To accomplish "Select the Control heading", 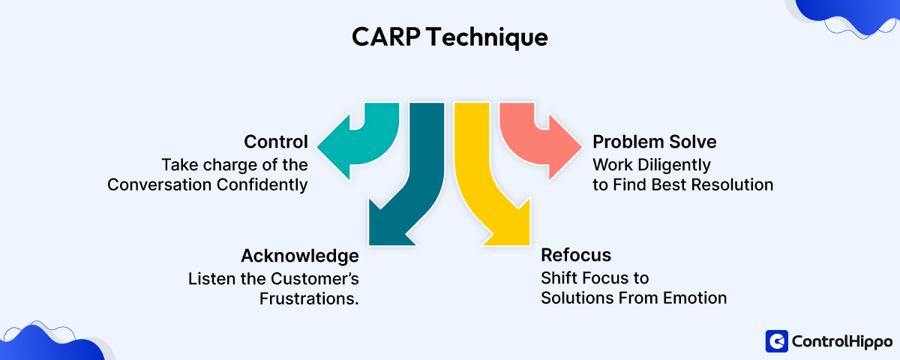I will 275,142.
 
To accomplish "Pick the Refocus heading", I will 575,256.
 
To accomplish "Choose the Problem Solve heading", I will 654,142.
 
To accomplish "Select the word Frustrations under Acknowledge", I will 309,298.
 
